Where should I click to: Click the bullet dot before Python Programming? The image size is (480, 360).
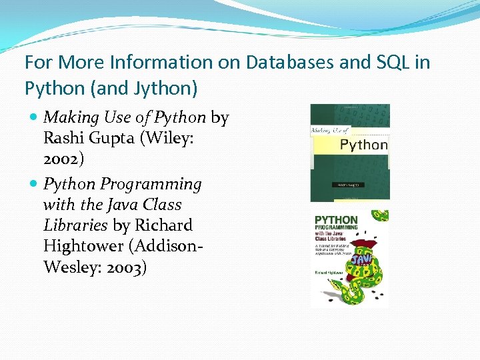pyautogui.click(x=34, y=184)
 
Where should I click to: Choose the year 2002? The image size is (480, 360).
pyautogui.click(x=63, y=161)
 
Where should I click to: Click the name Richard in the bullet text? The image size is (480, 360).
pyautogui.click(x=164, y=226)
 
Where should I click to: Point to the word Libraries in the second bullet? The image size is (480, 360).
pyautogui.click(x=75, y=226)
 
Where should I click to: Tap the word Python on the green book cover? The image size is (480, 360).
pyautogui.click(x=363, y=144)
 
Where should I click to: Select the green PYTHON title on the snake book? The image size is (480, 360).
pyautogui.click(x=336, y=220)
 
